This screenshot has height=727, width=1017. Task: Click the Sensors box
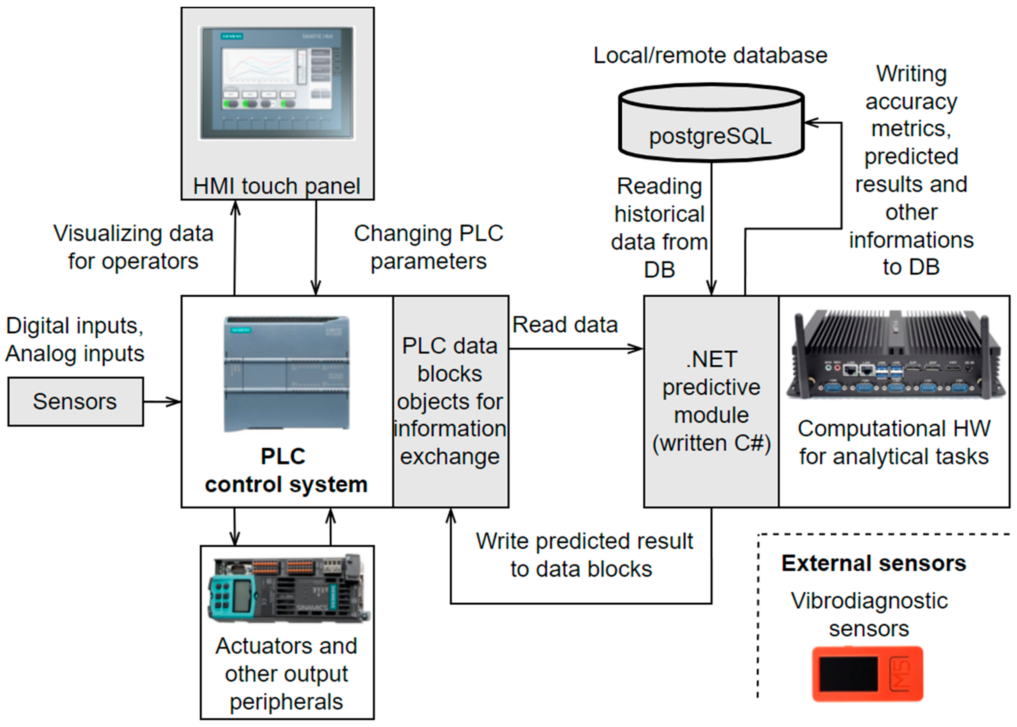point(75,401)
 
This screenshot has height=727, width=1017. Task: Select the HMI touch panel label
point(277,186)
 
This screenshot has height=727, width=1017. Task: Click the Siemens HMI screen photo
point(277,83)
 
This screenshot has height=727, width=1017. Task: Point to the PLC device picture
point(286,374)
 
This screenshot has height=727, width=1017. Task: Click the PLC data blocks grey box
point(450,401)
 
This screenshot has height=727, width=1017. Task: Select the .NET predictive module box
point(711,401)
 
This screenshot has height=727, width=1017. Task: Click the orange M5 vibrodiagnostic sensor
point(868,674)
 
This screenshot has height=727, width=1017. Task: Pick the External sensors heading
point(874,563)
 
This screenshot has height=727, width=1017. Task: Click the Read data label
point(565,324)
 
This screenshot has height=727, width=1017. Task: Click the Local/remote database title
point(710,55)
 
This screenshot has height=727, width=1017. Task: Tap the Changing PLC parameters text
point(428,247)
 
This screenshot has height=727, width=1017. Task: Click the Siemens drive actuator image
point(287,589)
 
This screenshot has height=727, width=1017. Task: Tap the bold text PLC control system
point(285,470)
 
